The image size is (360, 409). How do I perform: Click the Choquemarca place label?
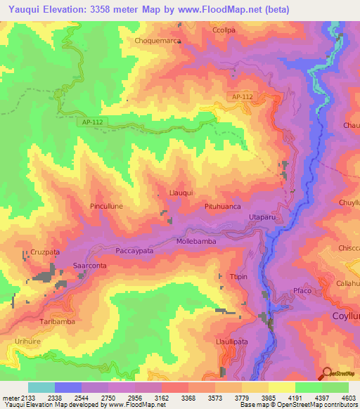158,41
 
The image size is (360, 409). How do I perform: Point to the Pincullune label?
108,207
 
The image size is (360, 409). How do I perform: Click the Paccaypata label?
134,249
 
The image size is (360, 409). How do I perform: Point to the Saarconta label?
90,266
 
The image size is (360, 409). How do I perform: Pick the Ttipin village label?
238,277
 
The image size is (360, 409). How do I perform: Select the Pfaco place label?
302,291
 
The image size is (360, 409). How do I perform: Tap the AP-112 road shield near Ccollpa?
243,96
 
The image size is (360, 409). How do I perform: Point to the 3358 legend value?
176,398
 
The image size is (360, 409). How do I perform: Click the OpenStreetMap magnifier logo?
327,372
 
